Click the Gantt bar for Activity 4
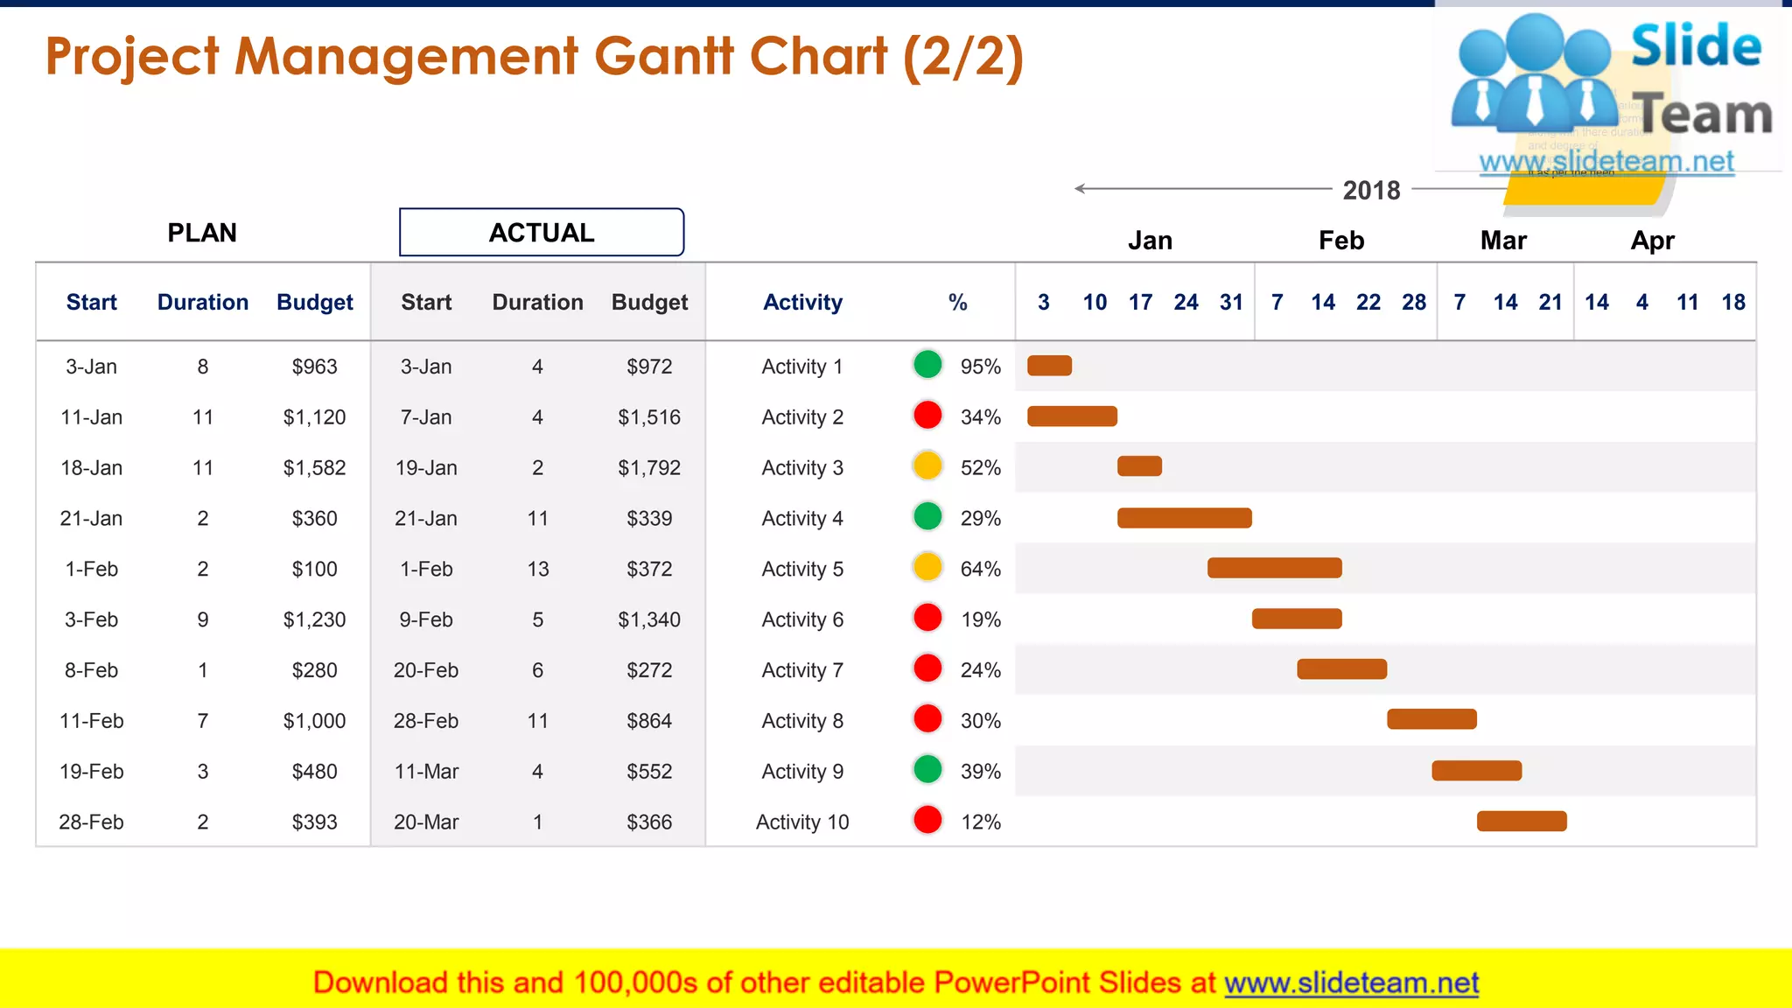[x=1184, y=518]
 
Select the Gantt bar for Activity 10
[x=1522, y=821]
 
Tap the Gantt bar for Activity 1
[x=1049, y=366]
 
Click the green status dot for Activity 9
[x=927, y=770]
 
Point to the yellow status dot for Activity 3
[x=927, y=466]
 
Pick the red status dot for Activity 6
[x=927, y=618]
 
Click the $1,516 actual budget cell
[x=649, y=417]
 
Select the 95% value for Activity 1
[x=980, y=367]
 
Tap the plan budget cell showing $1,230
[x=314, y=619]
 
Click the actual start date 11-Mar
[x=426, y=772]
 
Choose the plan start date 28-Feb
[x=91, y=822]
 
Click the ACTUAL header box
[x=542, y=233]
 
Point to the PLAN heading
[x=202, y=233]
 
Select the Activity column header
[x=802, y=303]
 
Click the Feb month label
[x=1340, y=241]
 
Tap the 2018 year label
[x=1371, y=190]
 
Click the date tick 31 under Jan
[x=1231, y=303]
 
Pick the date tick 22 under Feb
[x=1368, y=303]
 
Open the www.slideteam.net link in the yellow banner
[x=1351, y=983]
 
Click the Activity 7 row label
[x=802, y=670]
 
